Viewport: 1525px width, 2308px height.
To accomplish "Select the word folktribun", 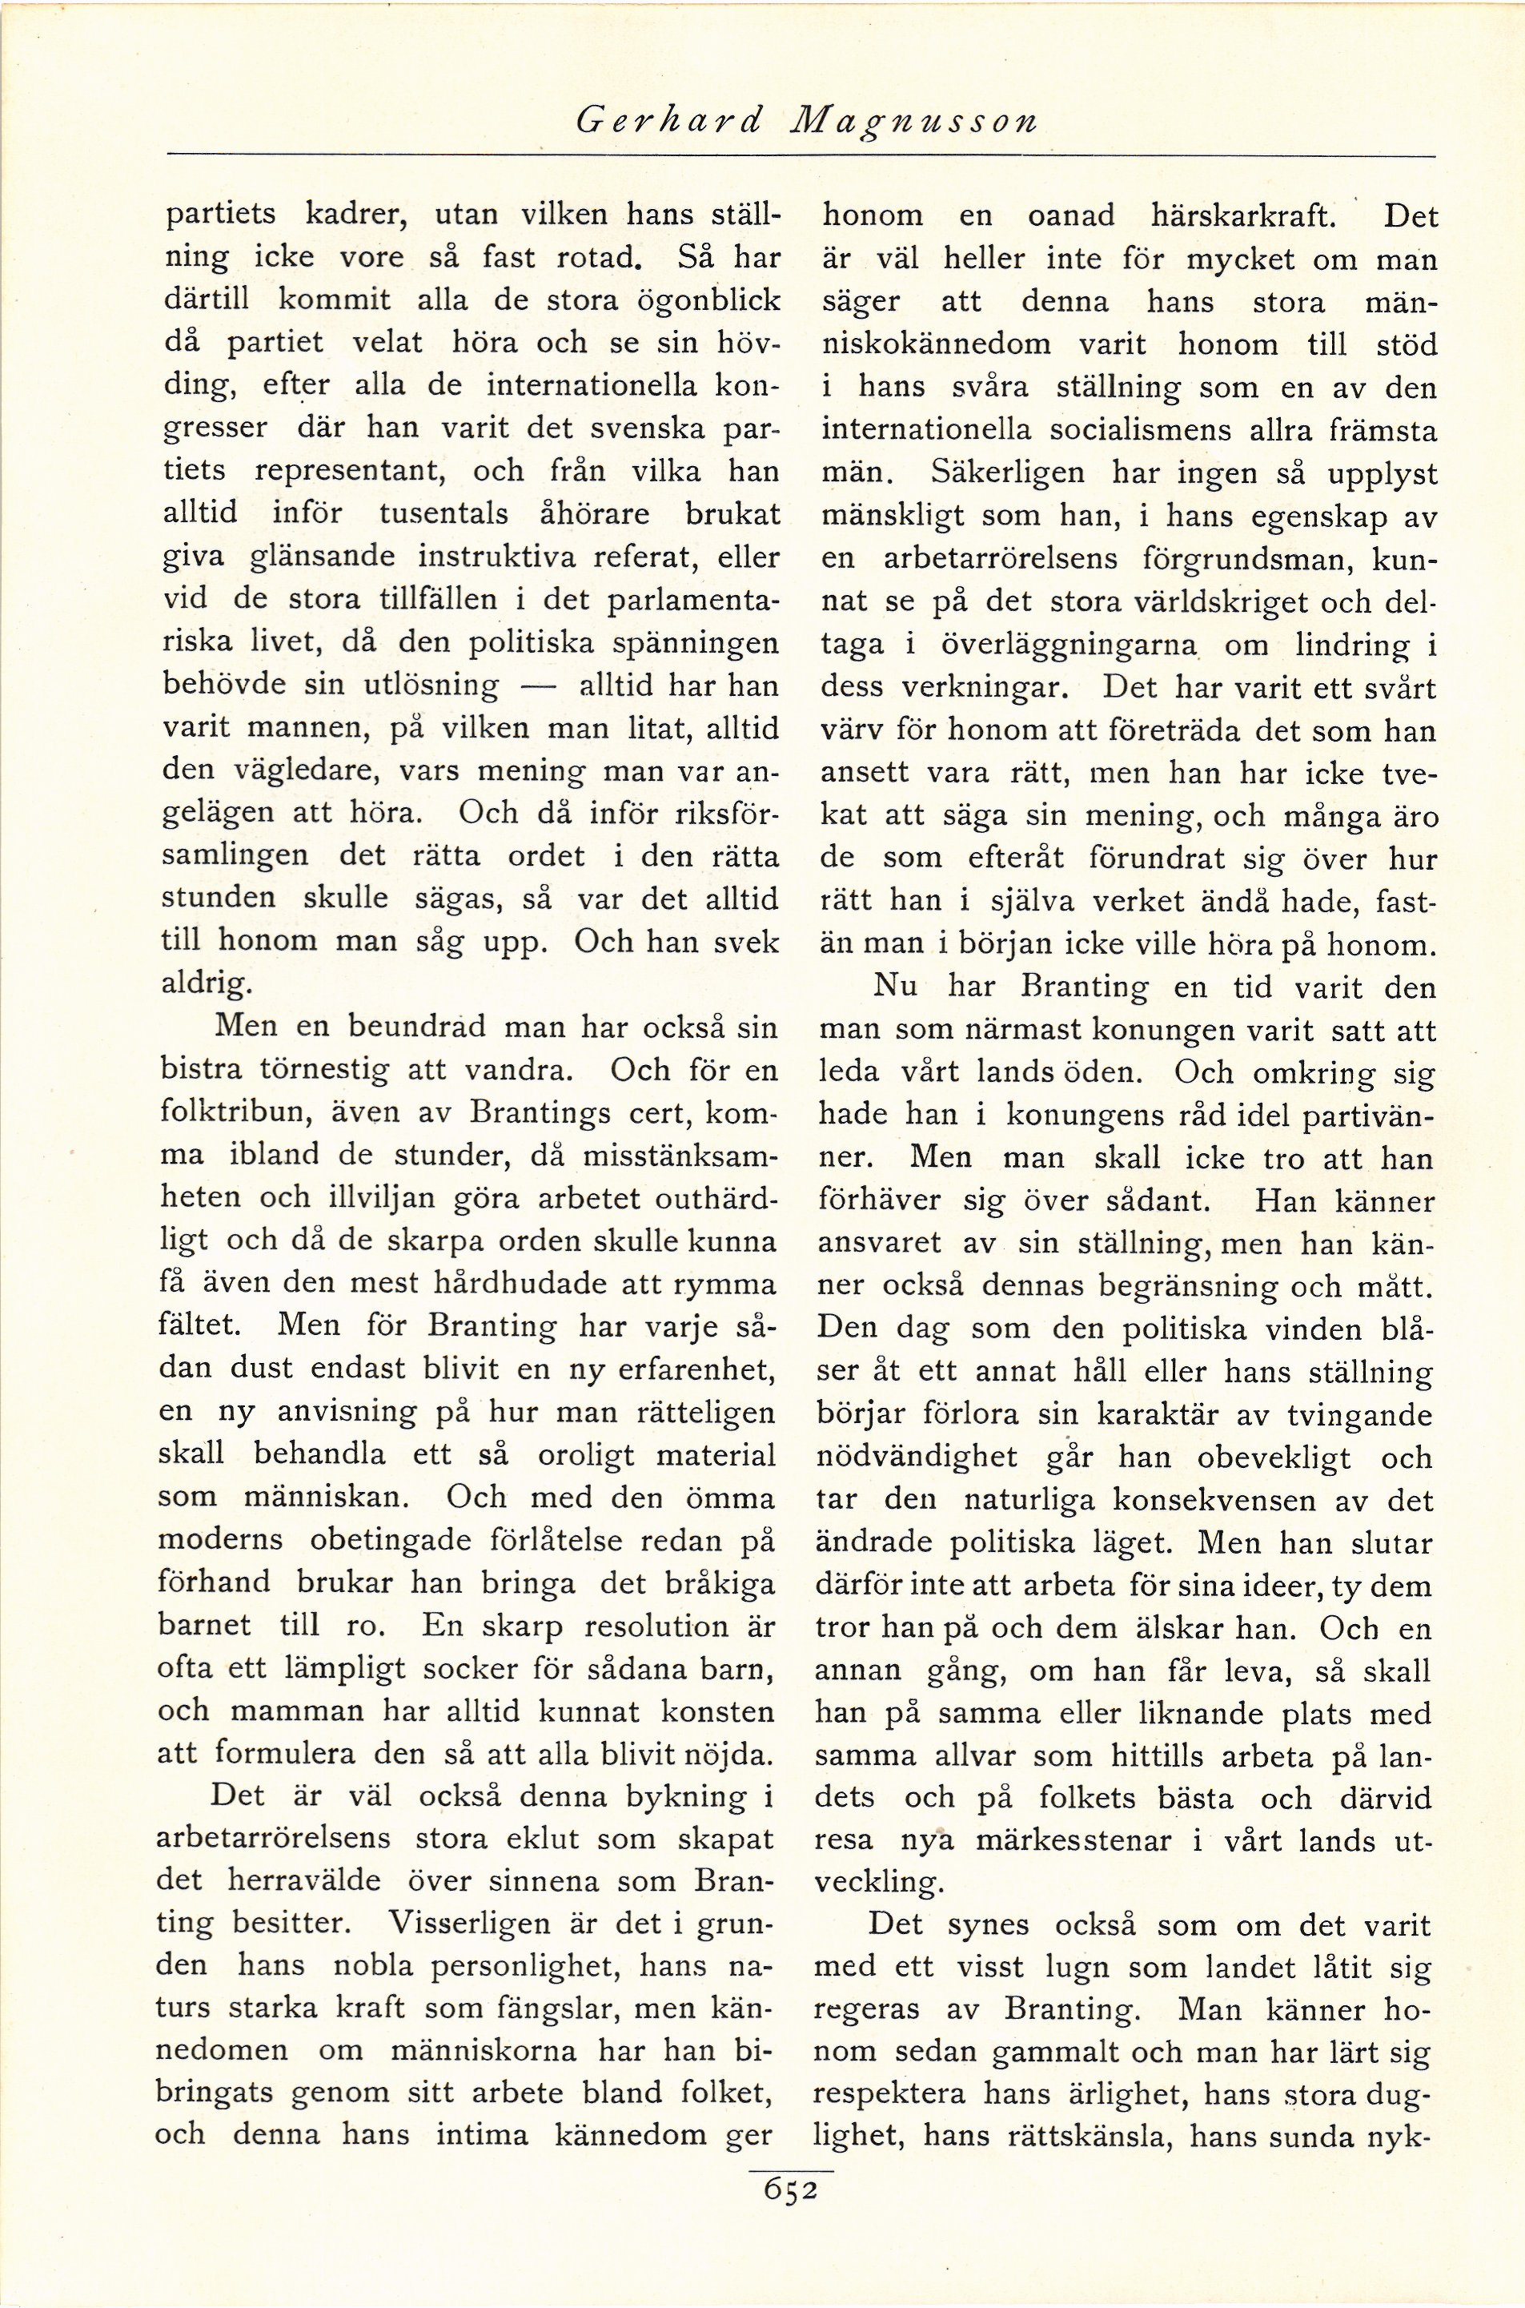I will [227, 1114].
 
